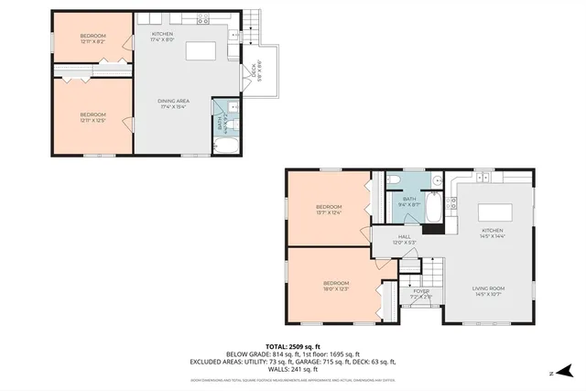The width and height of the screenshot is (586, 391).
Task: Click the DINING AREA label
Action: pyautogui.click(x=173, y=102)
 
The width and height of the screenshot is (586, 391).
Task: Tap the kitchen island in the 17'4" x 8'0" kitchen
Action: pyautogui.click(x=201, y=50)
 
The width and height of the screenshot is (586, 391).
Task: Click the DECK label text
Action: pyautogui.click(x=254, y=71)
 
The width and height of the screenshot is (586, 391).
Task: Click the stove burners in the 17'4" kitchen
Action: pyautogui.click(x=203, y=18)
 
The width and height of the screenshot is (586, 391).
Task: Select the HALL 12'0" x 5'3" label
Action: pyautogui.click(x=404, y=239)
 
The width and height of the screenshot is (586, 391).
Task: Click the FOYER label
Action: pyautogui.click(x=421, y=294)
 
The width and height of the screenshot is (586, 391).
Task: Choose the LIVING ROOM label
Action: pyautogui.click(x=488, y=291)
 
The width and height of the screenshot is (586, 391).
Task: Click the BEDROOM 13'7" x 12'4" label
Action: pyautogui.click(x=329, y=210)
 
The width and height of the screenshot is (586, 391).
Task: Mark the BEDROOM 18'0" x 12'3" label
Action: pyautogui.click(x=335, y=286)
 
